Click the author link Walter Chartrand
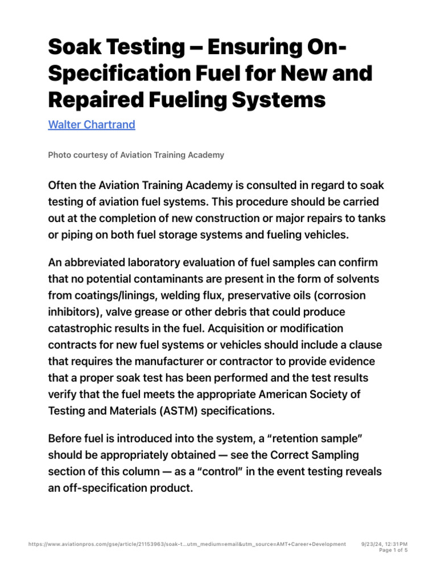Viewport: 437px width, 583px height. pyautogui.click(x=92, y=125)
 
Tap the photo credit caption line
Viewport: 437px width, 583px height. pyautogui.click(x=136, y=155)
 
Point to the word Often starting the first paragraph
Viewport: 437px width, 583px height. pyautogui.click(x=64, y=187)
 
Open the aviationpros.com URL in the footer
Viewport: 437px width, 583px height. pyautogui.click(x=187, y=544)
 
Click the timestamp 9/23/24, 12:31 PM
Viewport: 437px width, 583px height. pyautogui.click(x=385, y=544)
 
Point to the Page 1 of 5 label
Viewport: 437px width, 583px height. pyautogui.click(x=393, y=551)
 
